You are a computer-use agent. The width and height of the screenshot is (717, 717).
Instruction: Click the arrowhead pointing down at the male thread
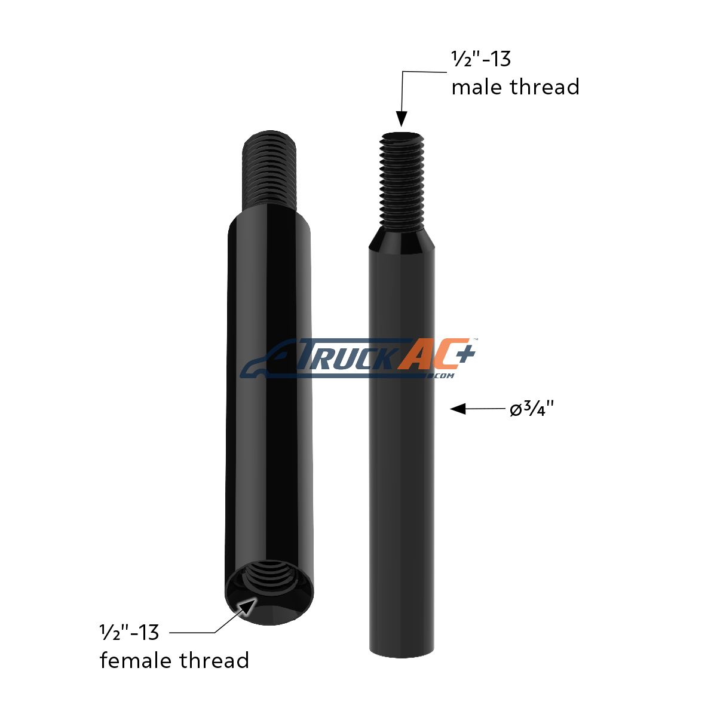point(401,119)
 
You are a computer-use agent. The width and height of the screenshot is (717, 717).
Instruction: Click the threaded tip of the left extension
point(269,168)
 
